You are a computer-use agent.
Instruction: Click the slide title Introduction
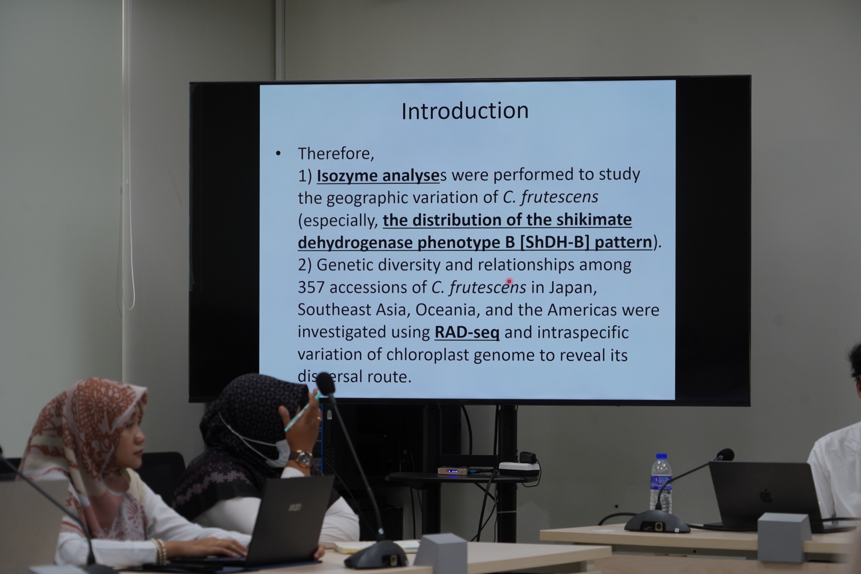[x=465, y=111]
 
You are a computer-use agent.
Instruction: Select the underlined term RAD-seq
[x=467, y=332]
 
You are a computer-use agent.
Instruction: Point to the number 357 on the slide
[x=311, y=288]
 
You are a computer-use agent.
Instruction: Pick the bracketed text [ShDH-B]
[x=555, y=242]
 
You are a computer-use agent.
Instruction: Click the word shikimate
[x=594, y=220]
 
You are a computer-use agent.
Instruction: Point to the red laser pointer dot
[x=509, y=282]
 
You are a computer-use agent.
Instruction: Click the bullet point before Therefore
[x=278, y=154]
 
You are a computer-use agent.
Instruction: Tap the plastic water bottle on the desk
[x=661, y=483]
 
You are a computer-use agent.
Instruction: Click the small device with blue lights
[x=453, y=471]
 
